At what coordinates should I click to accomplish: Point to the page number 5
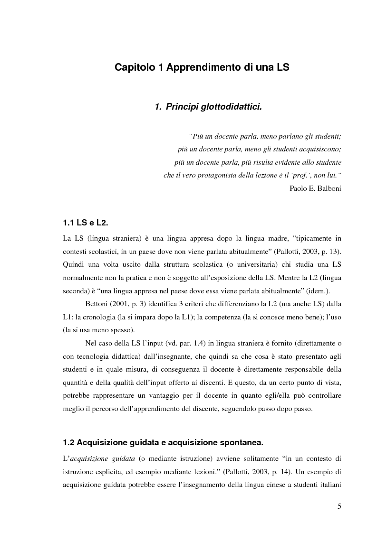coord(339,506)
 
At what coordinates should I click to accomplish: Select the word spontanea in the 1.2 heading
coord(241,443)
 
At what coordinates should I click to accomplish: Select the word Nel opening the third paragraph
coord(91,343)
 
